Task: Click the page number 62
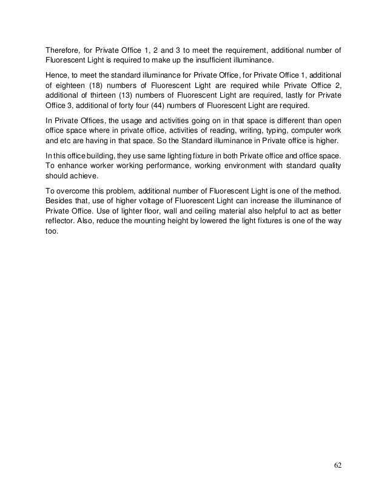click(338, 465)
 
